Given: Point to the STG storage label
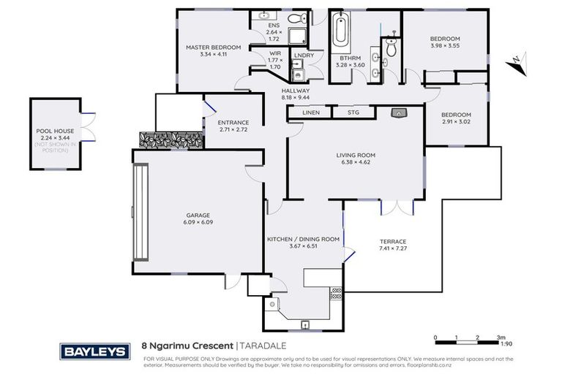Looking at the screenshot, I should tap(353, 112).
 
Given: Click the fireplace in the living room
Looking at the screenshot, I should tap(399, 113).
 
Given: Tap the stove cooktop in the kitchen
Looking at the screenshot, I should tap(336, 294).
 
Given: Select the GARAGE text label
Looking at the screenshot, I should tap(198, 215).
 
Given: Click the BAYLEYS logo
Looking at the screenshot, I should tap(95, 351).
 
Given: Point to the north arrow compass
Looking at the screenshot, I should tap(518, 63).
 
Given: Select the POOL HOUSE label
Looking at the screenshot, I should tap(54, 131).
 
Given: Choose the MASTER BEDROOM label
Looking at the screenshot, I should tap(213, 47).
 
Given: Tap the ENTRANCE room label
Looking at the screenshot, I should tap(234, 122).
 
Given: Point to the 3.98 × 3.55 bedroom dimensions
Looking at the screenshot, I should tap(444, 45).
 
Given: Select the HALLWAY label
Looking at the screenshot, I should tap(296, 91).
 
